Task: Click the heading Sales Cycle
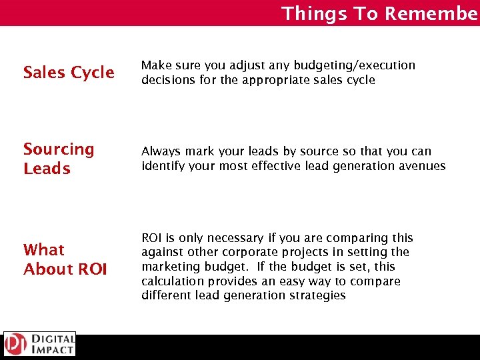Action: [69, 73]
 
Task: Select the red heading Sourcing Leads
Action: [59, 159]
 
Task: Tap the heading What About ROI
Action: [65, 259]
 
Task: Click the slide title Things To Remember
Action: [379, 13]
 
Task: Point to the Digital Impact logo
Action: [39, 344]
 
